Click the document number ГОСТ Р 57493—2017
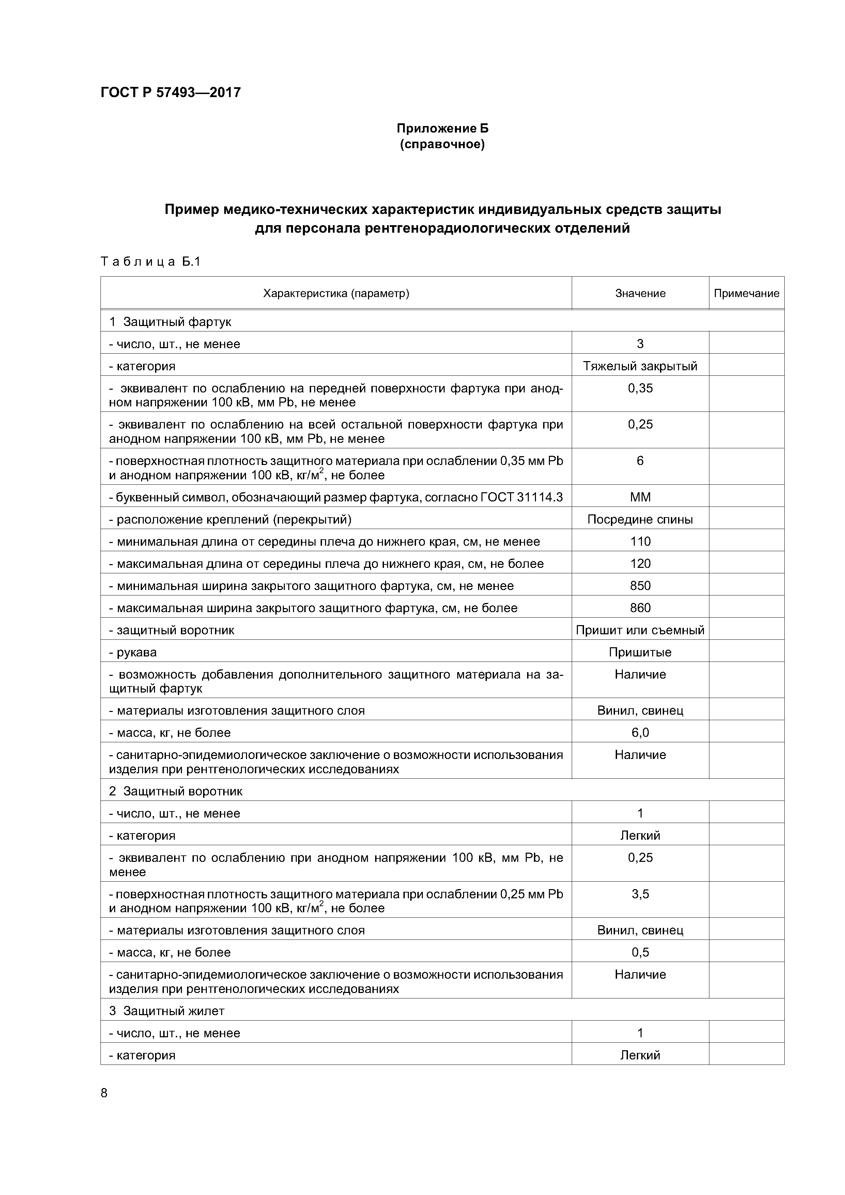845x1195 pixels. tap(170, 93)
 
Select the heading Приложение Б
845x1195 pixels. tap(443, 128)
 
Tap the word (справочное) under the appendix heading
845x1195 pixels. tap(443, 144)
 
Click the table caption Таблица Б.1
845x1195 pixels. tap(151, 262)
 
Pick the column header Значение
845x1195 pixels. tap(640, 294)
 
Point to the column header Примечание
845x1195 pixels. tap(746, 294)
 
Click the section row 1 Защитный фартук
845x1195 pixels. tap(170, 322)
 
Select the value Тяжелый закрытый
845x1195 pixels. tap(640, 366)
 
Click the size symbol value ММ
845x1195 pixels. tap(640, 497)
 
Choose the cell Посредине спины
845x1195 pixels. tap(640, 519)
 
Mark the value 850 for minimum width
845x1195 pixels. tap(640, 586)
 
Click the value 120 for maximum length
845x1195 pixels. tap(640, 564)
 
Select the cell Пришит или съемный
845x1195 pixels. tap(640, 630)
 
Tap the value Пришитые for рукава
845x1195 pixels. tap(640, 652)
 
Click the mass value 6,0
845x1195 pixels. tap(640, 733)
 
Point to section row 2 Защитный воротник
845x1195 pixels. tap(176, 791)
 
